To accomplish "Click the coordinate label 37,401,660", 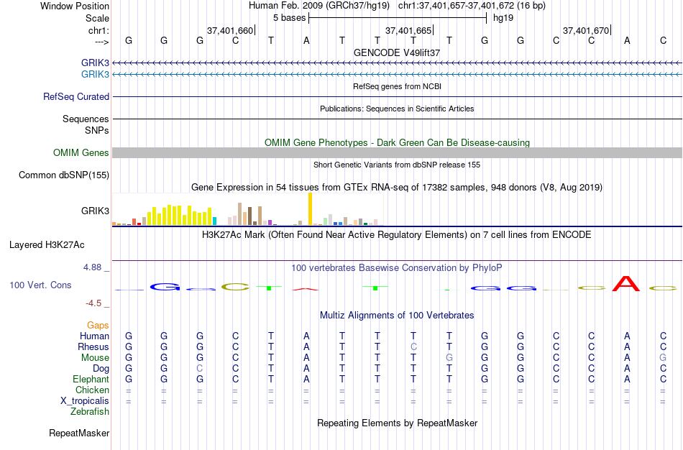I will point(230,30).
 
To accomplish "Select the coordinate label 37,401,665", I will point(408,30).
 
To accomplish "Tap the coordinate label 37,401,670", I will point(586,30).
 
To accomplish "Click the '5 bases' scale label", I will point(289,17).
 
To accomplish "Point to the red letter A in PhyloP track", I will point(626,284).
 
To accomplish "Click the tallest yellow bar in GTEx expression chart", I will point(310,208).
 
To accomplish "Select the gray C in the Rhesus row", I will point(413,347).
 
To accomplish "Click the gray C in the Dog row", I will point(200,369).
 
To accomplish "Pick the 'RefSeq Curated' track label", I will point(76,96).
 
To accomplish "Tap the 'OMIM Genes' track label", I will point(81,152).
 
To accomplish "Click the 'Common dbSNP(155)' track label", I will point(64,175).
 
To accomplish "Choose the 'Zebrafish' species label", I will point(90,412).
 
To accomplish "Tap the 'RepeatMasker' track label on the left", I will point(79,433).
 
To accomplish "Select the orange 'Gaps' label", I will point(98,326).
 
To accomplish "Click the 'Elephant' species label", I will point(91,380).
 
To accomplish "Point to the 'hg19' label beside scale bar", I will point(503,17).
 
